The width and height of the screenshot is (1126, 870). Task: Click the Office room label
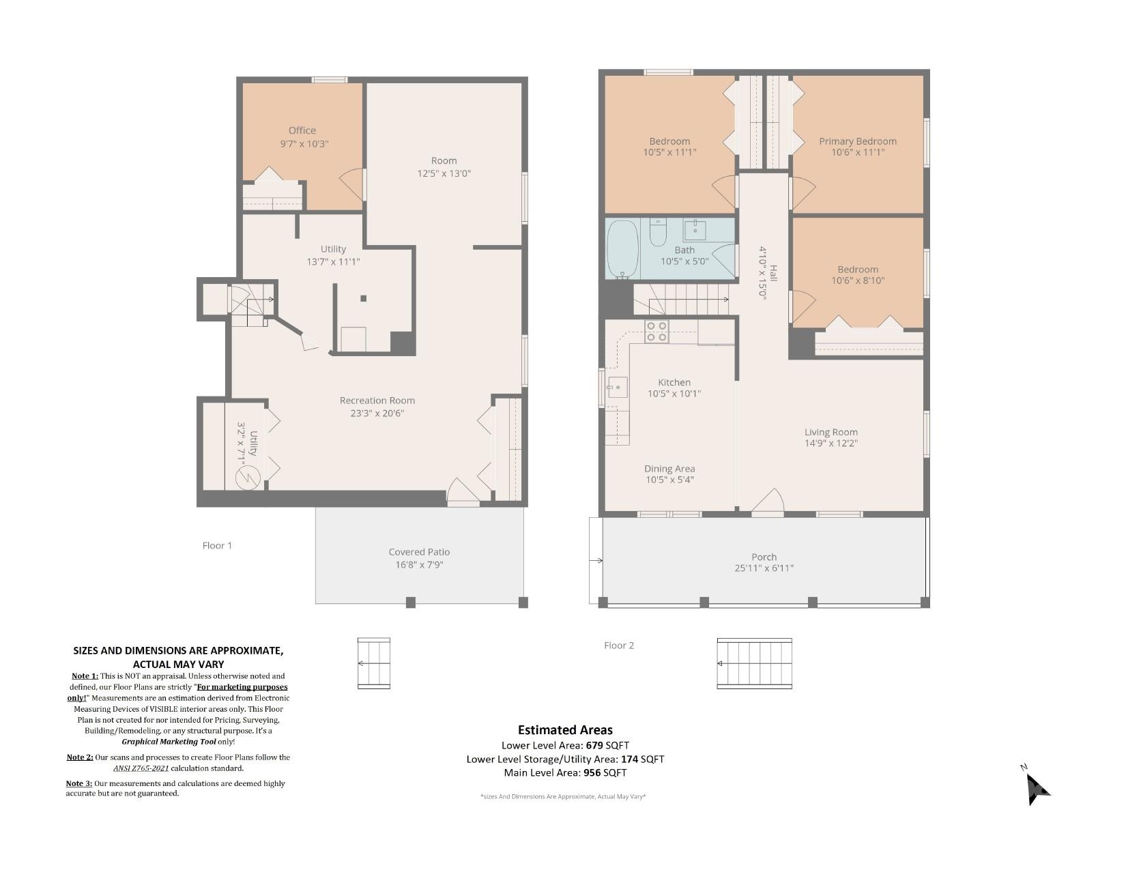[x=302, y=130]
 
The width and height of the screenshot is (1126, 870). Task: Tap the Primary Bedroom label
[x=858, y=141]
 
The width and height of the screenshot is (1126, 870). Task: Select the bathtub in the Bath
[x=622, y=249]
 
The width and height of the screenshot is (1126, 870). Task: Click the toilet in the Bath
[x=658, y=232]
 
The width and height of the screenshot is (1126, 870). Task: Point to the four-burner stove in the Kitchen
[x=656, y=331]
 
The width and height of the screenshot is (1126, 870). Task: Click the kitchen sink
[x=618, y=387]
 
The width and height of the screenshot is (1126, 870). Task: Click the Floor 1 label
[x=217, y=546]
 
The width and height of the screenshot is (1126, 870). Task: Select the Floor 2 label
[x=619, y=645]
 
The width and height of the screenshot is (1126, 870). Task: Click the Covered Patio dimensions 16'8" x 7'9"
[x=419, y=564]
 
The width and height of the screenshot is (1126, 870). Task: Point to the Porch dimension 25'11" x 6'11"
[x=764, y=568]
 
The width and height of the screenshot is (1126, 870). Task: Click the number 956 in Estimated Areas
[x=591, y=772]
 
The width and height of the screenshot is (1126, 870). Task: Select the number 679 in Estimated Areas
[x=595, y=745]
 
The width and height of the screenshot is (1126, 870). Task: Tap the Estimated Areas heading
[x=565, y=729]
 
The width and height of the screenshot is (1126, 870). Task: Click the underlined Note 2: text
[x=80, y=757]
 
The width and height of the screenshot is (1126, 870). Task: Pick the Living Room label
[x=831, y=432]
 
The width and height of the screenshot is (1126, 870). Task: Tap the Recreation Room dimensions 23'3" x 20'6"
[x=377, y=413]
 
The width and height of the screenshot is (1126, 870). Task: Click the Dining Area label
[x=669, y=468]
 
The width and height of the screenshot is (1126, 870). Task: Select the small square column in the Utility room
[x=363, y=298]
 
